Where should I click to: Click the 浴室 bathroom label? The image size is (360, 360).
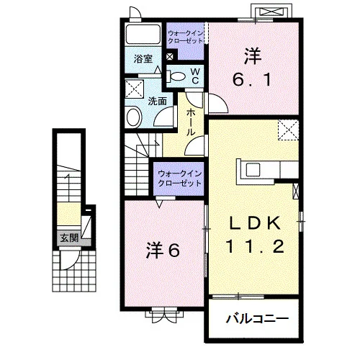[x=143, y=59]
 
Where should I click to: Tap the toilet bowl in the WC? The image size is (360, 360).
[x=177, y=76]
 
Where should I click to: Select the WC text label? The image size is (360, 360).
[x=195, y=76]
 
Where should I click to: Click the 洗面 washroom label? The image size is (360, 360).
[x=157, y=102]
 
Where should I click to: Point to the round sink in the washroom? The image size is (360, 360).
[x=135, y=117]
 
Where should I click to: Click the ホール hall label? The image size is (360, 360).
[x=191, y=122]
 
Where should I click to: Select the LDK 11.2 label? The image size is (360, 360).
[x=255, y=235]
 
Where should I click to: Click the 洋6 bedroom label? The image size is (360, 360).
[x=163, y=251]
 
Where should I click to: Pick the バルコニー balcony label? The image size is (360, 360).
[x=257, y=319]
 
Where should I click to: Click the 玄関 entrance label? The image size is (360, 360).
[x=69, y=238]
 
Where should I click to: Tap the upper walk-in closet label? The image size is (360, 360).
[x=186, y=37]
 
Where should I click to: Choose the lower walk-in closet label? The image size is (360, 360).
[x=179, y=179]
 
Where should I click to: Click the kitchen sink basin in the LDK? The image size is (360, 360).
[x=253, y=170]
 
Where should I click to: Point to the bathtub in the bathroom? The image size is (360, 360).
[x=143, y=34]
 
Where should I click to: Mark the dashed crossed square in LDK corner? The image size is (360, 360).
[x=288, y=130]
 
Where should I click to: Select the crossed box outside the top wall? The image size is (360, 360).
[x=271, y=12]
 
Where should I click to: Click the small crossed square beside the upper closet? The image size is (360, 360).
[x=169, y=57]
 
